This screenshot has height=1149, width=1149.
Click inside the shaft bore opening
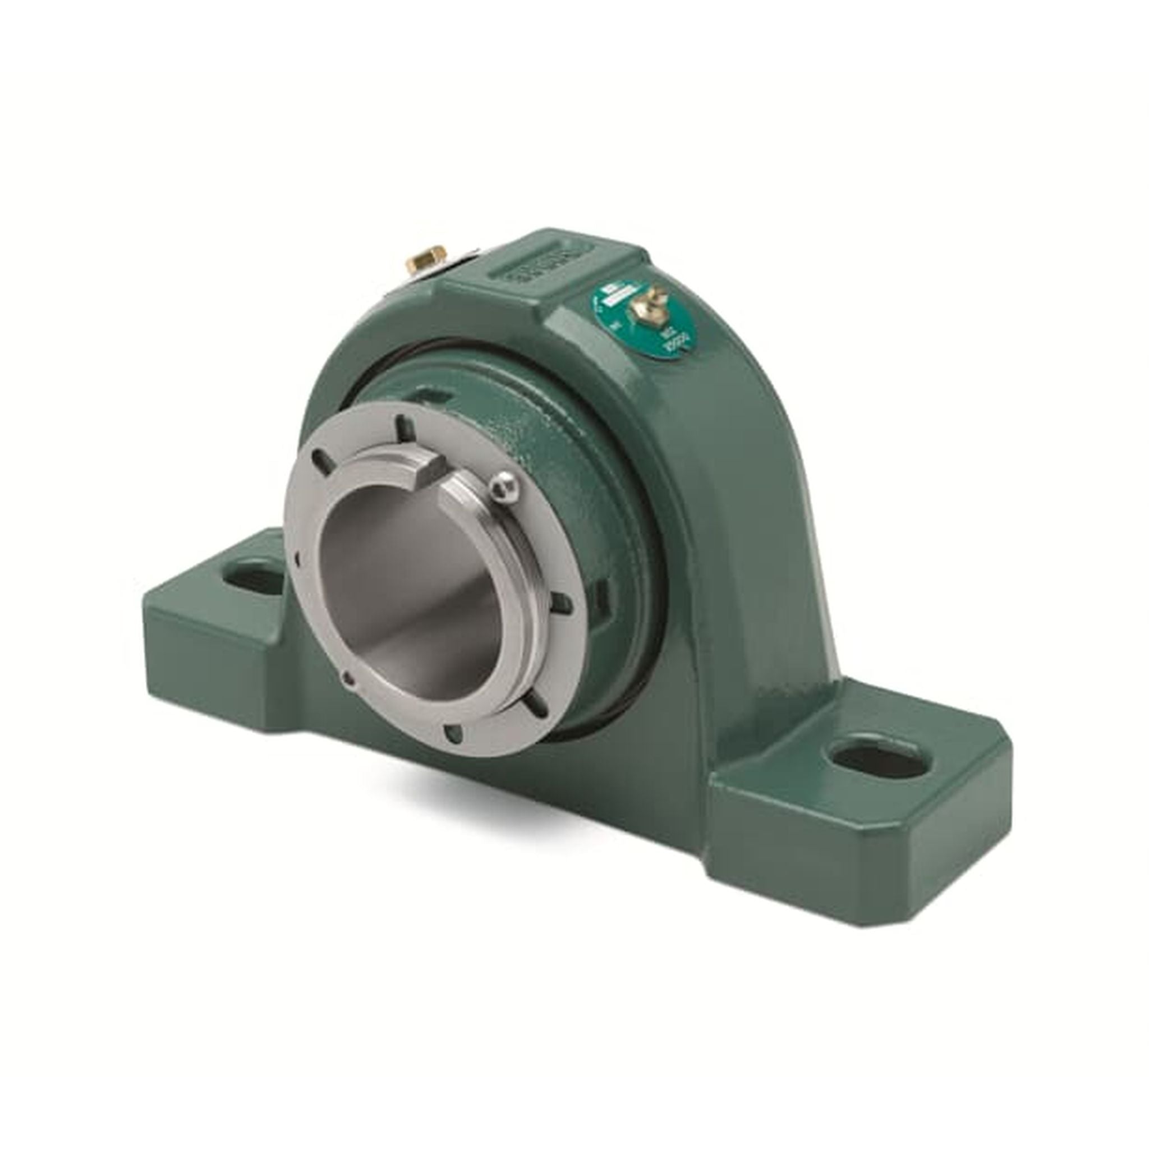[x=410, y=589]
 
